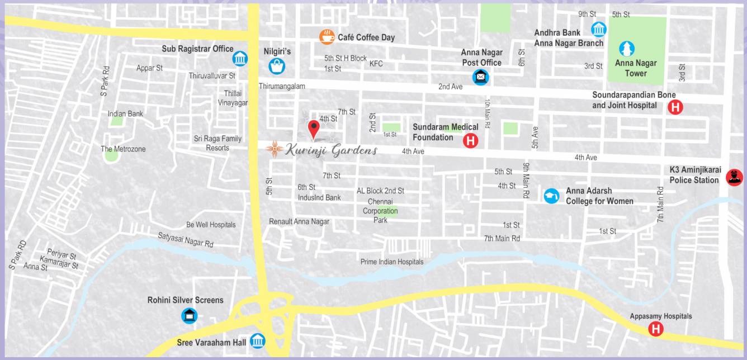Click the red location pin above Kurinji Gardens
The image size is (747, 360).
pos(314,129)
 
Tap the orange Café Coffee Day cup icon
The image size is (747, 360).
pos(327,37)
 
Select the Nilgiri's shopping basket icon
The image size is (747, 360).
pos(277,66)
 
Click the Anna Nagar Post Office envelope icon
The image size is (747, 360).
pos(480,77)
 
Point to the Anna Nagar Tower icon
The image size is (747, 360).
pos(627,49)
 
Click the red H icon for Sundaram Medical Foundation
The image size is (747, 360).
pos(471,141)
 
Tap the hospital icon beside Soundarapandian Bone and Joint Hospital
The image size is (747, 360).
pos(675,107)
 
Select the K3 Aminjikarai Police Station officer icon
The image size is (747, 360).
pos(734,178)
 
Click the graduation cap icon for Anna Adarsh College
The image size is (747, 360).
pos(551,196)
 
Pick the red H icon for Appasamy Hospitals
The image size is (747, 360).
pos(656,329)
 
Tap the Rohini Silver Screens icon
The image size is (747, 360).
pos(190,315)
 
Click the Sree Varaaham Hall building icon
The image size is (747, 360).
pos(258,340)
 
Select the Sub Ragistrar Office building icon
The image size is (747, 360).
pos(240,58)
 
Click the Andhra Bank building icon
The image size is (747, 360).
pos(599,29)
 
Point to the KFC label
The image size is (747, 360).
pos(376,64)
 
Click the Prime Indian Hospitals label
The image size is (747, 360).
pos(391,262)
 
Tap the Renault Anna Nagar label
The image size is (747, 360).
pos(299,221)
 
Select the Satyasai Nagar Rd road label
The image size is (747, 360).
pos(185,240)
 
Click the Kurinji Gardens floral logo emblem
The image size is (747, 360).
pos(274,149)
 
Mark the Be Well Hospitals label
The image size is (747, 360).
pos(211,225)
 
